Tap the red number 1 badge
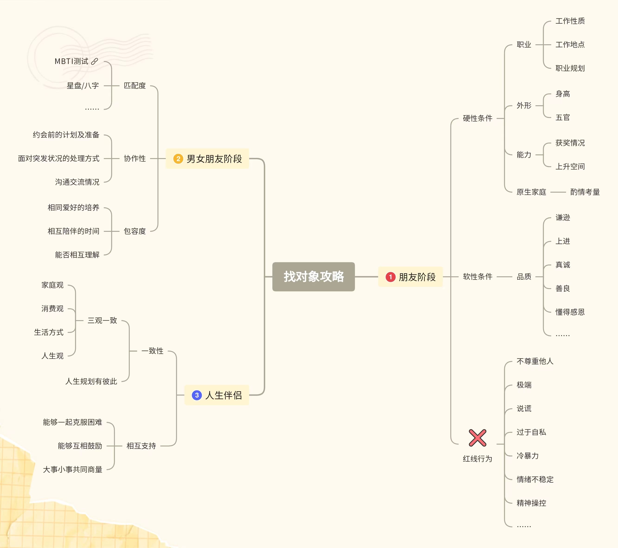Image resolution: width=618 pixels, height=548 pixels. click(x=390, y=277)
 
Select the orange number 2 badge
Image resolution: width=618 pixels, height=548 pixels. click(x=178, y=159)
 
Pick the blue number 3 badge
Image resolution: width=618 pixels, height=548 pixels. click(x=197, y=395)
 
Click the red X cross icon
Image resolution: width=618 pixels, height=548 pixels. click(x=477, y=438)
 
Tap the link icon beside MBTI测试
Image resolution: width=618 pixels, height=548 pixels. click(x=95, y=61)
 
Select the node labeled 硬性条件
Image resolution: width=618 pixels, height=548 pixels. click(x=477, y=118)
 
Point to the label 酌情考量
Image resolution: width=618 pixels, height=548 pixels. click(x=585, y=192)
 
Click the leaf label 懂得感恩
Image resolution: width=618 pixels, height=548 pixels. click(x=570, y=312)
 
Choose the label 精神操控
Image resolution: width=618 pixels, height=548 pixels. click(x=531, y=503)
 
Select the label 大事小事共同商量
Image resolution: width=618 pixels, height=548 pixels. click(x=73, y=469)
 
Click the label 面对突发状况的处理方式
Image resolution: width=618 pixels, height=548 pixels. click(x=59, y=158)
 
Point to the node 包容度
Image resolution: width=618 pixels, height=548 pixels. click(x=135, y=231)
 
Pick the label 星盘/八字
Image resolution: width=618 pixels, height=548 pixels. click(x=83, y=86)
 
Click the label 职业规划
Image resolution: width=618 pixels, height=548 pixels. click(x=570, y=68)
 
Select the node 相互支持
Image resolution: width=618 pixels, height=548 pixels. click(x=141, y=446)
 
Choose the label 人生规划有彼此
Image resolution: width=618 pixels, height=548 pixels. click(x=91, y=381)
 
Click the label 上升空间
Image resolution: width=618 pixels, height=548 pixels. click(x=570, y=166)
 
